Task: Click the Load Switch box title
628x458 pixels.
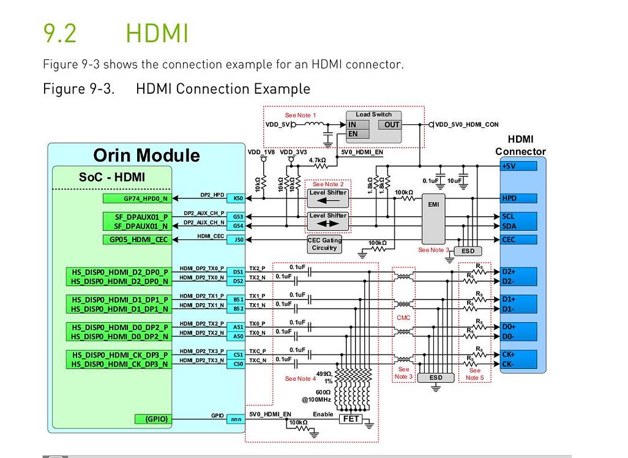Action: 373,114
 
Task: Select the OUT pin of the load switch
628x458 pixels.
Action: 392,124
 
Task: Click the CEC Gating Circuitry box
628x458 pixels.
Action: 324,244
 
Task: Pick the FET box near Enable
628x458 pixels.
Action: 351,419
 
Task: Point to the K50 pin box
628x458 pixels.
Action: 237,198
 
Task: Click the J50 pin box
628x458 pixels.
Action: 237,239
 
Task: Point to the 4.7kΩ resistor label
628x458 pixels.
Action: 317,160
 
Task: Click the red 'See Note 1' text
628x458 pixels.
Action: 301,115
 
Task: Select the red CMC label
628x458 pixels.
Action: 403,318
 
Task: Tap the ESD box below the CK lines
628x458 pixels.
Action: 435,378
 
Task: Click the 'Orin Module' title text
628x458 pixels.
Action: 146,155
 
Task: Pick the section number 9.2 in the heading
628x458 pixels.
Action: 60,32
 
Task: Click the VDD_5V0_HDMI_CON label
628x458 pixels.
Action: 466,124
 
